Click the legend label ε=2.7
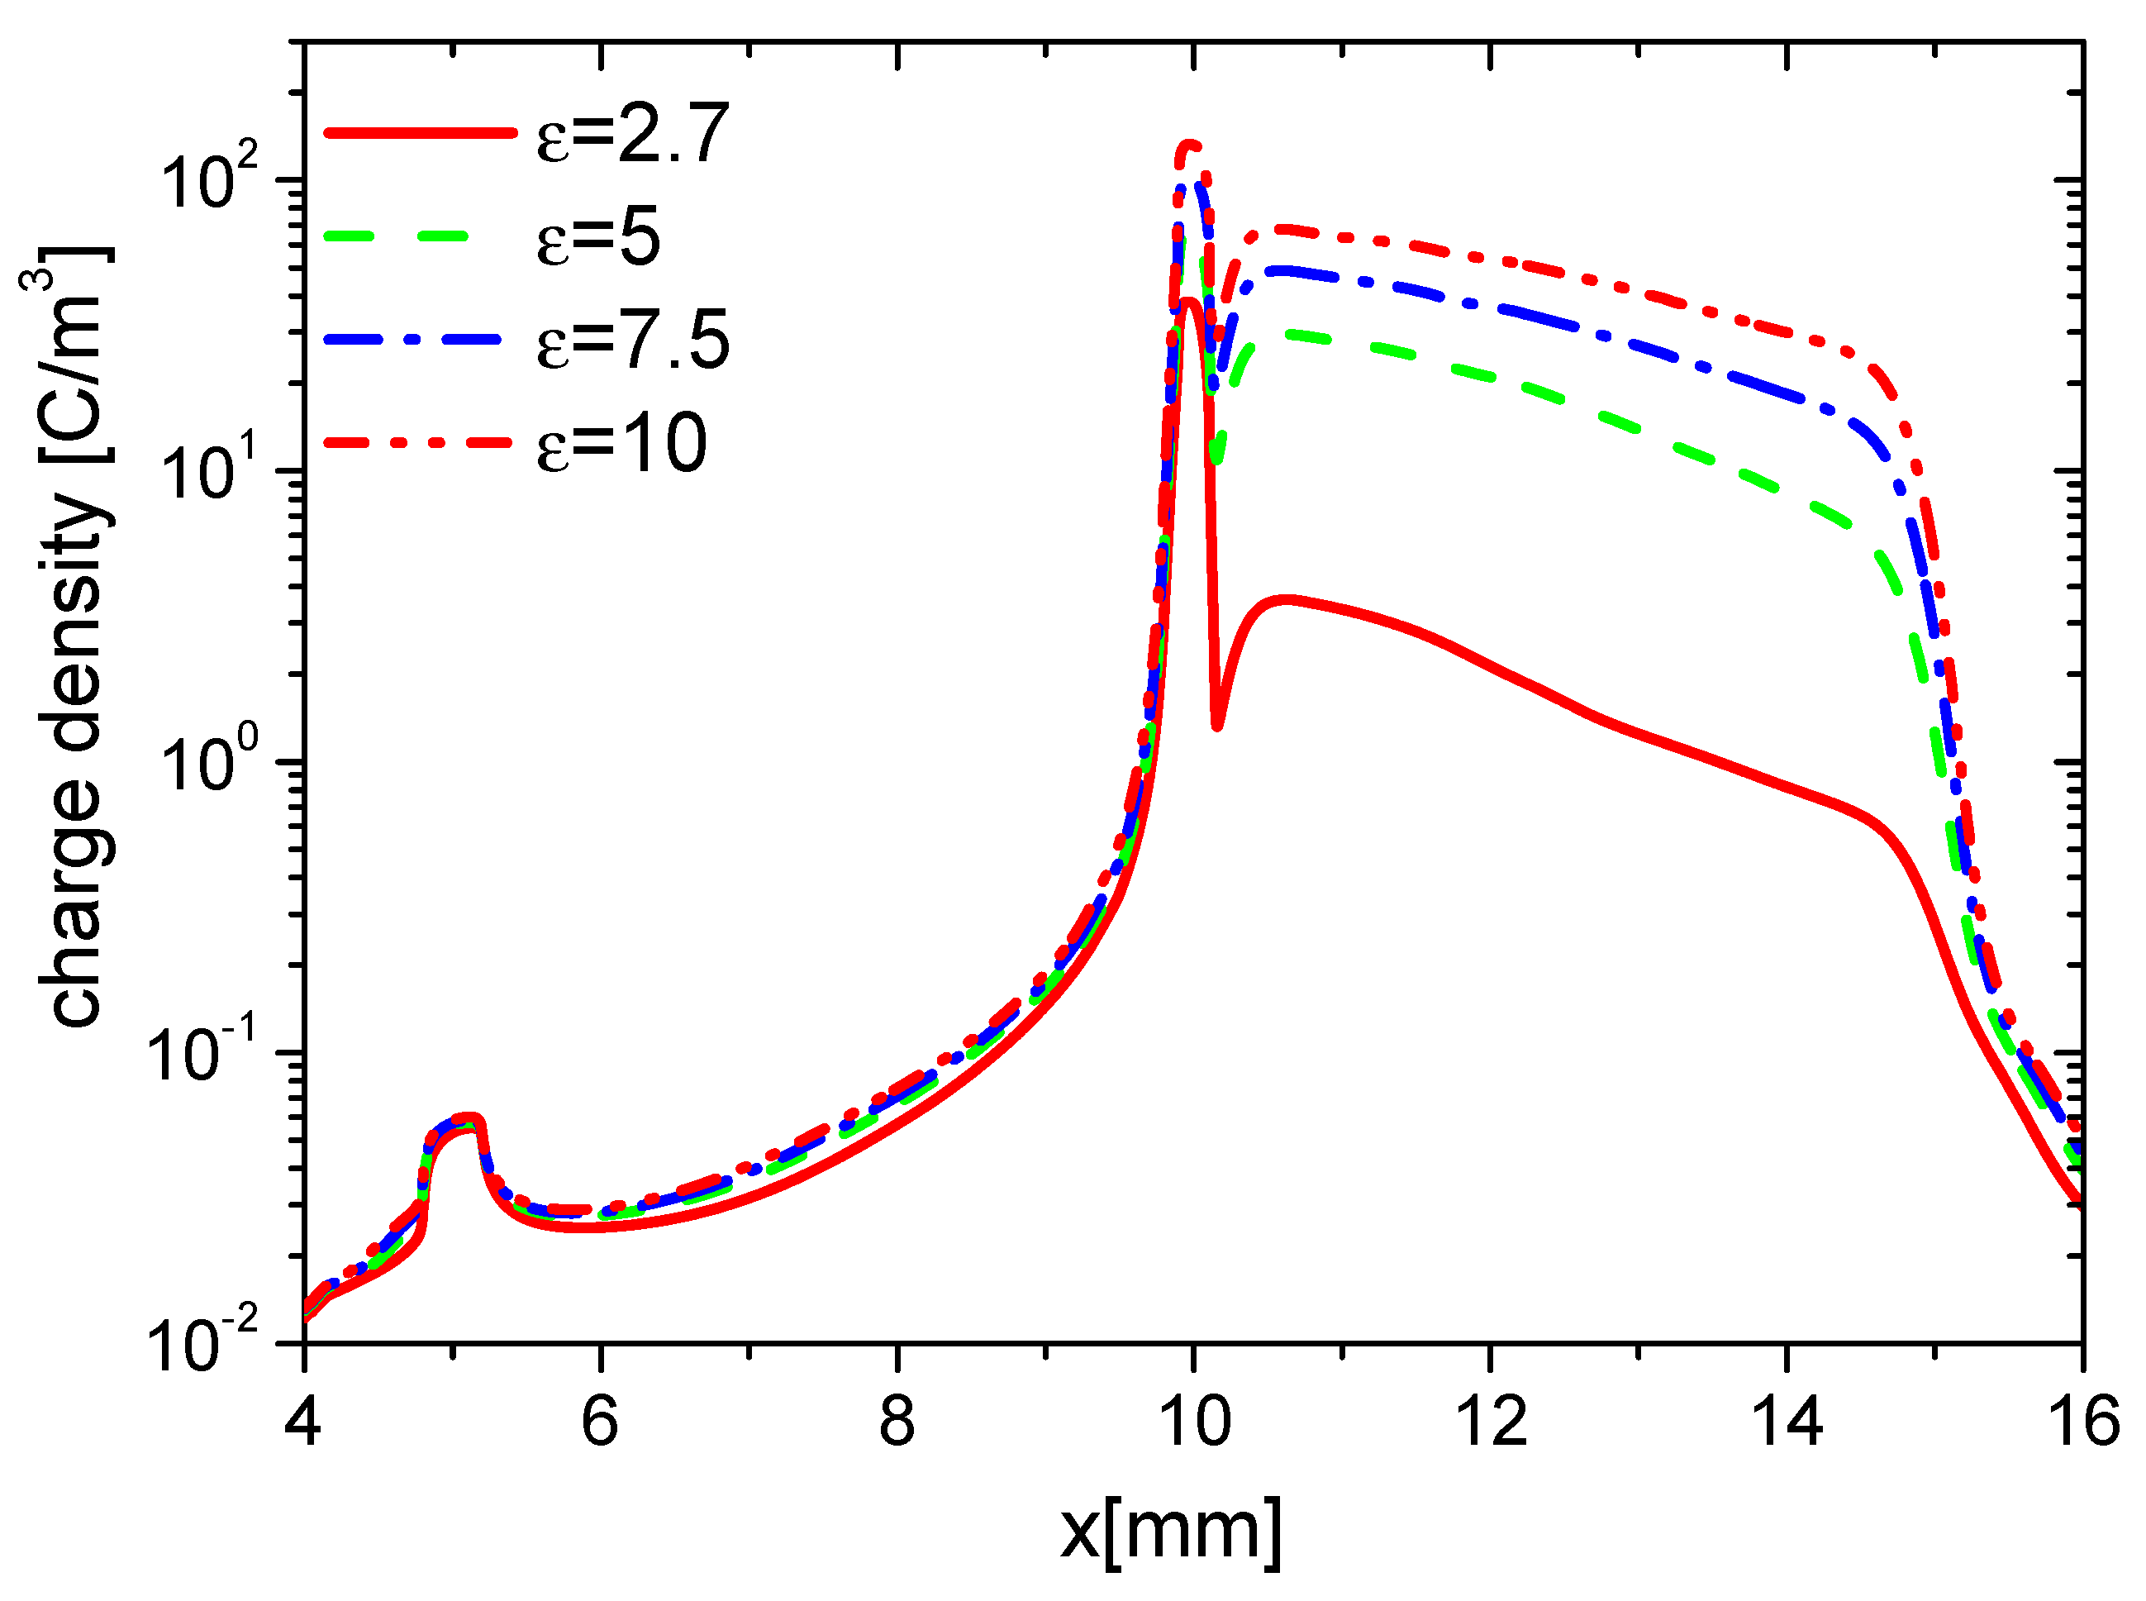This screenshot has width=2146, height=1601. tap(631, 134)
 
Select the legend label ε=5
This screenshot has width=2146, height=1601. tap(597, 237)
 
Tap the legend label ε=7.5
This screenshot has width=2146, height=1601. tap(631, 341)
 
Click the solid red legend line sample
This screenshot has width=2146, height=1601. tap(419, 134)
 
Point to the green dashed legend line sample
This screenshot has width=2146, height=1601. tap(419, 236)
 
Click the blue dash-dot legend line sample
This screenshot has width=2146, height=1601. tap(419, 339)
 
